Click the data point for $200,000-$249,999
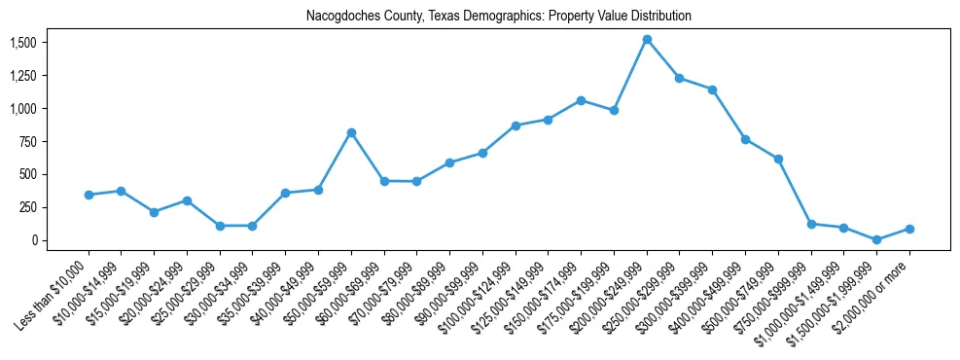(647, 39)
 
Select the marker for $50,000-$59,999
(351, 132)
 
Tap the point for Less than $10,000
(89, 195)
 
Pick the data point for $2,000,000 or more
(909, 229)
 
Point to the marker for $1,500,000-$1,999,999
(876, 239)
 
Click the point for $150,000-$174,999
(581, 100)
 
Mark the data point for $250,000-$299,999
(680, 78)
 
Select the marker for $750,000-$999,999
(811, 224)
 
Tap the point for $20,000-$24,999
(187, 200)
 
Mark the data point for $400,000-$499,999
(745, 139)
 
